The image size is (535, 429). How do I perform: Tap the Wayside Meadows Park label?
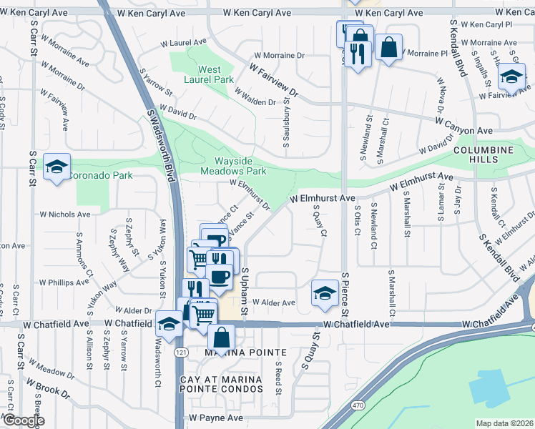point(233,166)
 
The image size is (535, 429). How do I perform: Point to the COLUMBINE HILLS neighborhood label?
point(484,155)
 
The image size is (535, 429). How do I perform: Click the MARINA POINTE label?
point(236,352)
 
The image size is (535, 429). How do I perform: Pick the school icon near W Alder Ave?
point(325,293)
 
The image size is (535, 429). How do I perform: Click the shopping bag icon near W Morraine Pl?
point(388,48)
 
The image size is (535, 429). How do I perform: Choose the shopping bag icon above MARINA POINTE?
point(221,336)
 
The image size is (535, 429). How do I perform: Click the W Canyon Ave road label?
point(463,131)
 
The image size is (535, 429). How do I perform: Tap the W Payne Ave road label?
point(216,418)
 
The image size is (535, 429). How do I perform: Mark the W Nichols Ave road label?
point(64,214)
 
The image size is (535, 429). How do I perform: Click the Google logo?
point(23,420)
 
